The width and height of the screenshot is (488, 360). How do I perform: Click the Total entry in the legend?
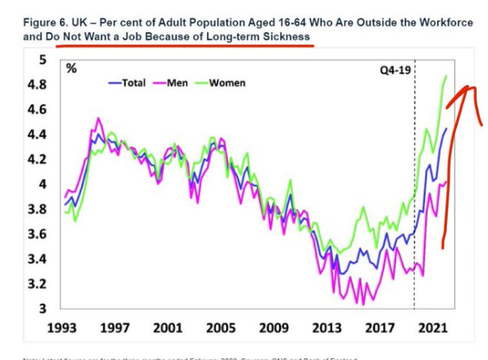click(128, 83)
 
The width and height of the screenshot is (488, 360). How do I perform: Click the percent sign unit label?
click(71, 68)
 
